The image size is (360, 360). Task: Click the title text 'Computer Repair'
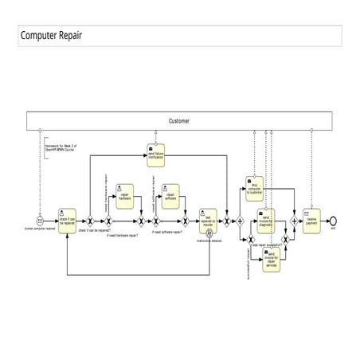50,36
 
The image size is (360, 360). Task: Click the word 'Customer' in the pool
179,121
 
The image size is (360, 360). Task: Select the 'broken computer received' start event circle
40,219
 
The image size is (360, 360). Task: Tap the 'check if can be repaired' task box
67,218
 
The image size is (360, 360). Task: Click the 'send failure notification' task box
155,155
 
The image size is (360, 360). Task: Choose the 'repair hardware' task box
125,194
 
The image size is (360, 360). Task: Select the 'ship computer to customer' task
255,188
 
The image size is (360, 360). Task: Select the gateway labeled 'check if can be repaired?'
90,220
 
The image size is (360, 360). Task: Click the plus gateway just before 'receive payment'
293,219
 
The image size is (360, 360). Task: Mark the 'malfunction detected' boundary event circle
209,233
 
